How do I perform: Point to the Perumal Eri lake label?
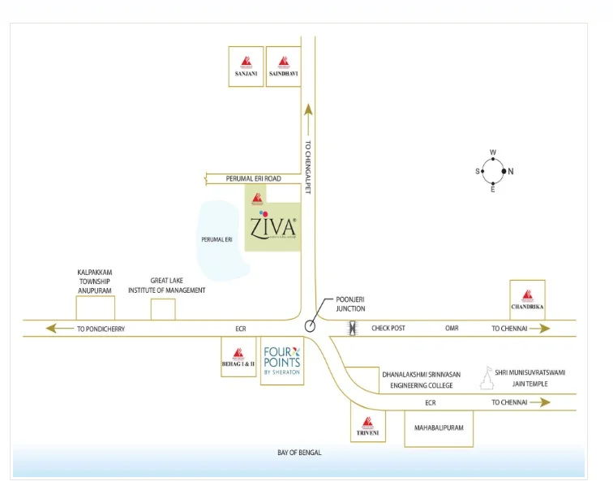[216, 240]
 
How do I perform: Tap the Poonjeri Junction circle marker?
[311, 326]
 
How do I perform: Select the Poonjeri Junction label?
[350, 304]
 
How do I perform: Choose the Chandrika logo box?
[527, 299]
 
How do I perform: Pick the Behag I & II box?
[238, 359]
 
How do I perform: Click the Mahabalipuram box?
[438, 426]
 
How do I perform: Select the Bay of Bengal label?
[299, 453]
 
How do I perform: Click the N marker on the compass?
[509, 171]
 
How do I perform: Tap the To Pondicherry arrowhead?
[53, 329]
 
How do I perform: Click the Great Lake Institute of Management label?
[167, 284]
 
